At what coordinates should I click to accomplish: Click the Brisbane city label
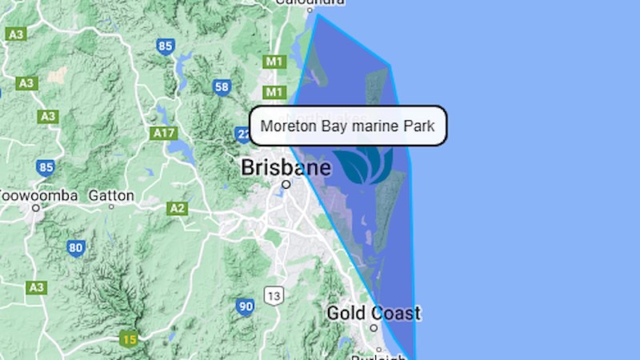[x=286, y=168]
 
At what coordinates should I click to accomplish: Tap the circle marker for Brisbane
[x=286, y=184]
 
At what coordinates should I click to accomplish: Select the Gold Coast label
[x=373, y=313]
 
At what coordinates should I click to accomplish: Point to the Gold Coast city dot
[x=374, y=327]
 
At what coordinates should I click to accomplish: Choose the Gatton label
[x=111, y=194]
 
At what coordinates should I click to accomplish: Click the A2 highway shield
[x=177, y=209]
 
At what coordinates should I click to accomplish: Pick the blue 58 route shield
[x=222, y=86]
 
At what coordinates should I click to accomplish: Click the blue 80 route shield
[x=76, y=248]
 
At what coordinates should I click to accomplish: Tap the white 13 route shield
[x=274, y=297]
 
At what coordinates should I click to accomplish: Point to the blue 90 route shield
[x=245, y=306]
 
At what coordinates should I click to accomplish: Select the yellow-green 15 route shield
[x=129, y=338]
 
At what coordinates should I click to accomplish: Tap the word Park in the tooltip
[x=418, y=126]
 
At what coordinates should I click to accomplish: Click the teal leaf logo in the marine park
[x=364, y=164]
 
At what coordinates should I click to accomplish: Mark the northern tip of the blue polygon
[x=317, y=14]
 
